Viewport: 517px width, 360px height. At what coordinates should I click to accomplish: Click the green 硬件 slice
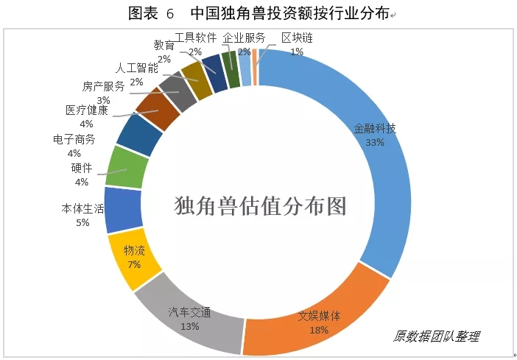[x=127, y=168]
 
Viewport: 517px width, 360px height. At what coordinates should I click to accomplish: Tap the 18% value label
[x=319, y=330]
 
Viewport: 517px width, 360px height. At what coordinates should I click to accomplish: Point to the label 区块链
[x=297, y=38]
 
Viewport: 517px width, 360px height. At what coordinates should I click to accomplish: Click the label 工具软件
[x=195, y=38]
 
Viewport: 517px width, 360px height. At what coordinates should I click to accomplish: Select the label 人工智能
[x=141, y=69]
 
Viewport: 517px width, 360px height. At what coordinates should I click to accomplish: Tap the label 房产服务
[x=103, y=86]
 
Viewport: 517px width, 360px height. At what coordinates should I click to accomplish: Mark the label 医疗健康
[x=86, y=110]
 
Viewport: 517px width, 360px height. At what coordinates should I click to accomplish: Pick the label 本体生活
[x=82, y=208]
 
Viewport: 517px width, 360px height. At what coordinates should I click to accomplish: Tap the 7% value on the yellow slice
[x=134, y=264]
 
